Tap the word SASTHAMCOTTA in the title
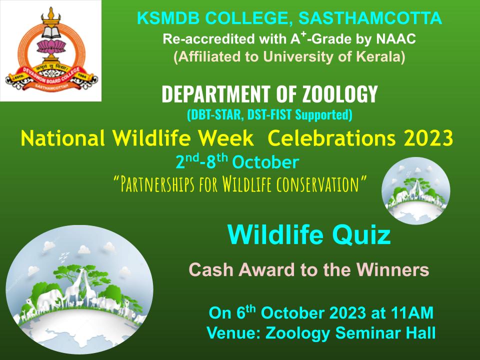coord(370,18)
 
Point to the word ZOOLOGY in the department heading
coord(340,93)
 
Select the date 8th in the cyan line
coord(217,161)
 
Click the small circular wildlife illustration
coord(415,190)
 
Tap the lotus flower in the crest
coord(51,47)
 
